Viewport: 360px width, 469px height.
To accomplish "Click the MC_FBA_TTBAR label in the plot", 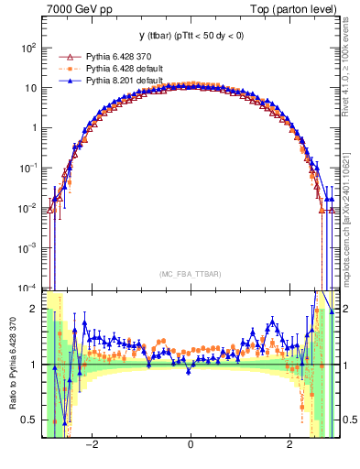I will coord(190,274).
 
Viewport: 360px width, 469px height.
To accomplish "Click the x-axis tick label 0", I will coord(191,444).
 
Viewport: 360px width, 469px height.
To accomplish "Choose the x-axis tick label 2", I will coord(289,444).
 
